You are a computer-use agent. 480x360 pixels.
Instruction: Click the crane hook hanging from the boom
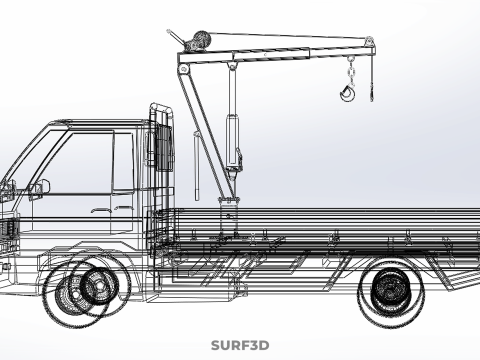(x=347, y=93)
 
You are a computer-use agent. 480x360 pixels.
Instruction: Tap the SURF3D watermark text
(x=240, y=345)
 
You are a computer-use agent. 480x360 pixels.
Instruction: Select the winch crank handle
(x=176, y=37)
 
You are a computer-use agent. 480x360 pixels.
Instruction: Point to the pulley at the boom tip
(x=369, y=41)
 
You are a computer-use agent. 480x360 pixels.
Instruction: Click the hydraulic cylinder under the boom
(x=232, y=140)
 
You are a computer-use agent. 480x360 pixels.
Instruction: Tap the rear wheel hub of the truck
(x=389, y=288)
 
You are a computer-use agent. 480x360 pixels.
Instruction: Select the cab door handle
(x=100, y=210)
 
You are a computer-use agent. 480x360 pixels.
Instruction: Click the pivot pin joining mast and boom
(x=184, y=69)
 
